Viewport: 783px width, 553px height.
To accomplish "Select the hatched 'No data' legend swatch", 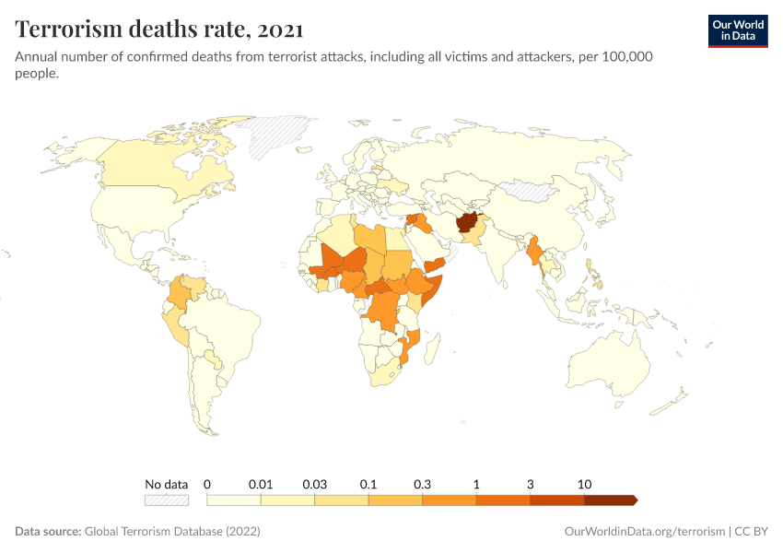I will [x=166, y=500].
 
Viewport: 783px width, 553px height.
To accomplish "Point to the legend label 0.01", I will [x=262, y=484].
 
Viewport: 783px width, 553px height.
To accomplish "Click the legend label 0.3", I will [x=423, y=484].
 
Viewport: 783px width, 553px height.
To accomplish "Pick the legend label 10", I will [x=584, y=484].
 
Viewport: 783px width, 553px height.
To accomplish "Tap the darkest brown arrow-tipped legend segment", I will [x=609, y=500].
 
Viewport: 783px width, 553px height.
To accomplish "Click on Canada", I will [x=157, y=166].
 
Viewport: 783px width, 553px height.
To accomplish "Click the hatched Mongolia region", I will [x=530, y=192].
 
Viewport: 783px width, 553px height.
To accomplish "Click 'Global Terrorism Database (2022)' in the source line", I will [x=172, y=532].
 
